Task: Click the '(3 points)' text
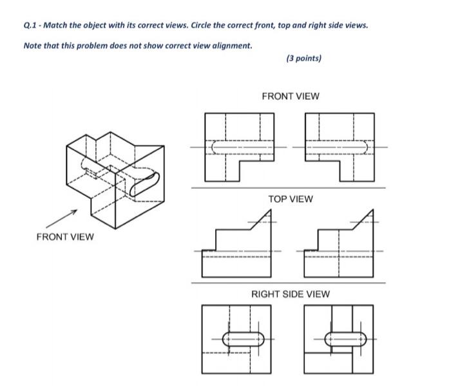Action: pyautogui.click(x=303, y=58)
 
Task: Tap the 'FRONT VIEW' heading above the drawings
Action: pyautogui.click(x=290, y=96)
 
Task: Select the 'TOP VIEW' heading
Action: pyautogui.click(x=290, y=199)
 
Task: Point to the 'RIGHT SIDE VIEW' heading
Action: pyautogui.click(x=290, y=294)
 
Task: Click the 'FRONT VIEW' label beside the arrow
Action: pyautogui.click(x=64, y=236)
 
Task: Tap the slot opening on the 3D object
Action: pyautogui.click(x=144, y=184)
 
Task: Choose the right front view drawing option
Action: pyautogui.click(x=340, y=147)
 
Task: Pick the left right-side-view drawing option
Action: pyautogui.click(x=236, y=339)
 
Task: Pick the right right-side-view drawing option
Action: pyautogui.click(x=338, y=339)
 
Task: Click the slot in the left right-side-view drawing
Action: pyautogui.click(x=243, y=339)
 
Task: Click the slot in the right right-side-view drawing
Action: pyautogui.click(x=346, y=339)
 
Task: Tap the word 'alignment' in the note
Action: pyautogui.click(x=229, y=46)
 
